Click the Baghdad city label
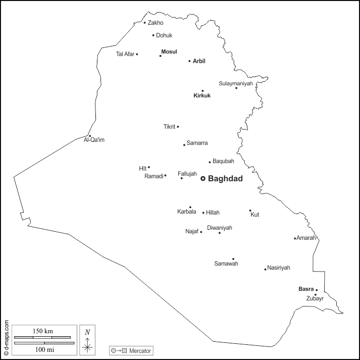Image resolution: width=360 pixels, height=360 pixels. tap(225, 179)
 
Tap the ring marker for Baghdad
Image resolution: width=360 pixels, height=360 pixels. tap(203, 178)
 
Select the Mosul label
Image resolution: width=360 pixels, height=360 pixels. tap(169, 52)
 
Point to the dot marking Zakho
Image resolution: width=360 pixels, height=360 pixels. tap(144, 22)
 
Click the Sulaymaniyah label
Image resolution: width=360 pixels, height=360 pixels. tap(235, 83)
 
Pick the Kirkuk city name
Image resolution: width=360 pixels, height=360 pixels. tap(202, 95)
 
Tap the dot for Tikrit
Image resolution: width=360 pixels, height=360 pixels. tap(178, 127)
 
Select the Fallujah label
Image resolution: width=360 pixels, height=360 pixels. tap(187, 173)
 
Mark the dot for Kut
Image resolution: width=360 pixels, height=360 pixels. tap(250, 211)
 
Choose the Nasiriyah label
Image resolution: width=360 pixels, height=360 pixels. tap(279, 268)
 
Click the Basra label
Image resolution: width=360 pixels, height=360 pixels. tap(306, 289)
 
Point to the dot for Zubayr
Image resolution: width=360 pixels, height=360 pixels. tap(316, 295)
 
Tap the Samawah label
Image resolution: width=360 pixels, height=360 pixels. tap(226, 264)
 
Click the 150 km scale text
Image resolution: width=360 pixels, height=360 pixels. tap(42, 331)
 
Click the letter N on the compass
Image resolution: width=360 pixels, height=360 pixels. tap(87, 332)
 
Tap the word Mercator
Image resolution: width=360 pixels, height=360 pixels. tap(140, 350)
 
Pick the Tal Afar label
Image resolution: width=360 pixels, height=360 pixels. tap(125, 54)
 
